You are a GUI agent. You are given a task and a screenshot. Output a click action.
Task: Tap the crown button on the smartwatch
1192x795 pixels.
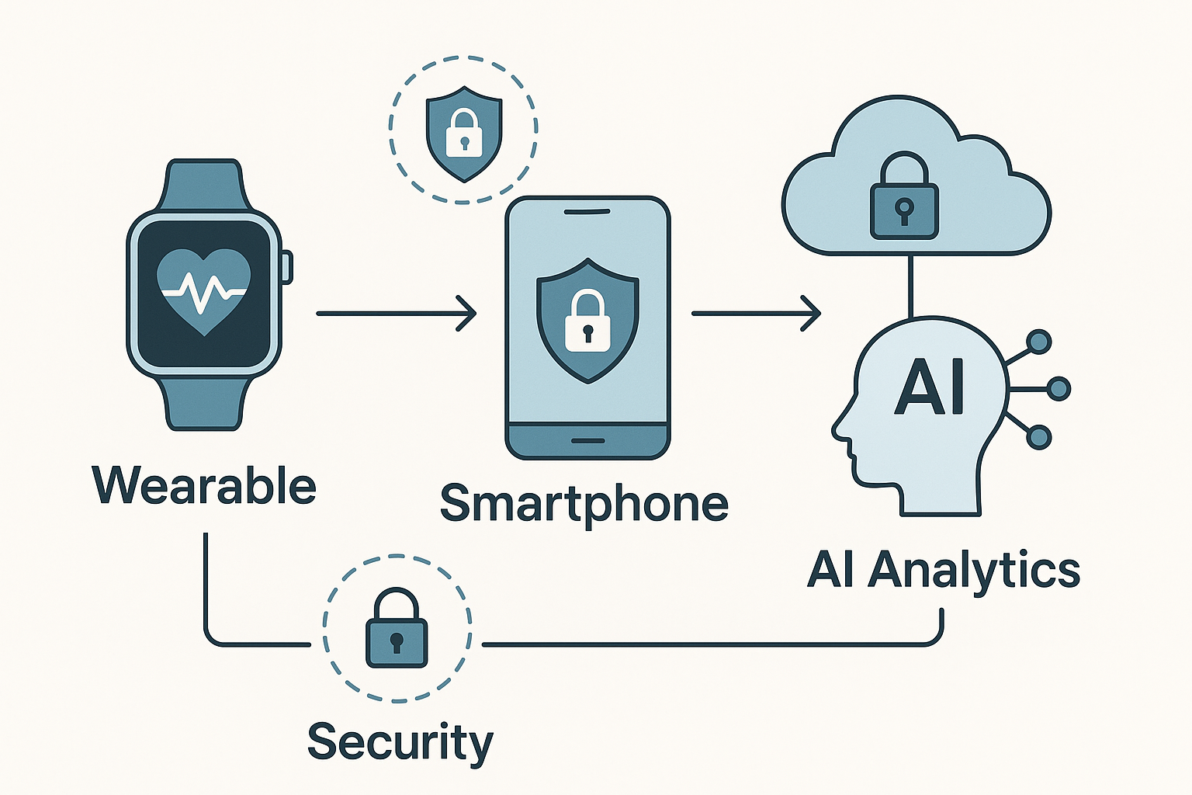[287, 267]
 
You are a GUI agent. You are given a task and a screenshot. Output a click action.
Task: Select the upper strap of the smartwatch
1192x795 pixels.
[204, 186]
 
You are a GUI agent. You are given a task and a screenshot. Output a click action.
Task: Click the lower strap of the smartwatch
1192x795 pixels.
[204, 402]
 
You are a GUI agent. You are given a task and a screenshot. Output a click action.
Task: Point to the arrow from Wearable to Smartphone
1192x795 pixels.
[396, 314]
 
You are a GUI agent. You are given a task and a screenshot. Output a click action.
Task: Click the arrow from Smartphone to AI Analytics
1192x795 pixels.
[756, 314]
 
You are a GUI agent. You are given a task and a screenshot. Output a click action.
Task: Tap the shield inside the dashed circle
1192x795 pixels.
[464, 134]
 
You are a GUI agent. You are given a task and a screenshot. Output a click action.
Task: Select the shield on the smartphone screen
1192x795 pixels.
[587, 321]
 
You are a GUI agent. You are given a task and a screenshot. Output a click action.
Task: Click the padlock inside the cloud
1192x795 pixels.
[904, 196]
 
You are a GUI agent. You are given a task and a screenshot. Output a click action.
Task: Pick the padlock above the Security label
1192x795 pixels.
[397, 628]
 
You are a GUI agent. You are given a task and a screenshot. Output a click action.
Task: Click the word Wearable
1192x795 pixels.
[204, 485]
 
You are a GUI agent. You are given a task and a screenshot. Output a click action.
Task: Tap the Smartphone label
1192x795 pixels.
[584, 505]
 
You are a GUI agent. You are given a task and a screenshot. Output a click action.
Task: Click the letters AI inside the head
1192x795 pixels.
[929, 386]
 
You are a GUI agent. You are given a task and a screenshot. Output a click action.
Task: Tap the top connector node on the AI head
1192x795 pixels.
[1039, 342]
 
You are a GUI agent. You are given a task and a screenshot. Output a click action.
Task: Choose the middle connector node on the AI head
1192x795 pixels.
[1059, 389]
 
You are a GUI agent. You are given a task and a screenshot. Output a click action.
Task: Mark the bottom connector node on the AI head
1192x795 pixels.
[1038, 437]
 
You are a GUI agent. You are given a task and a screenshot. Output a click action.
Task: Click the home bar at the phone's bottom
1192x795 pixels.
[587, 441]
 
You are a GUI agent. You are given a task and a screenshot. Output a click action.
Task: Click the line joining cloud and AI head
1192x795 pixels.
[911, 286]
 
